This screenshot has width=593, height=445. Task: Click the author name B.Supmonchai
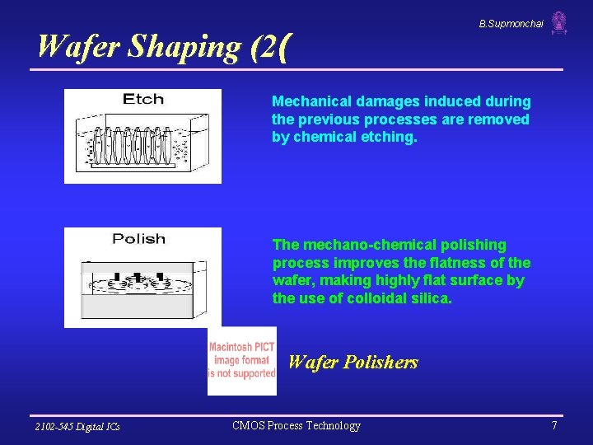pyautogui.click(x=511, y=24)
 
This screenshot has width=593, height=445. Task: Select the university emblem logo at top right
pyautogui.click(x=559, y=23)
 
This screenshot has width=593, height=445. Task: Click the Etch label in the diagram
pyautogui.click(x=143, y=100)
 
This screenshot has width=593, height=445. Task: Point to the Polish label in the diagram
pyautogui.click(x=138, y=239)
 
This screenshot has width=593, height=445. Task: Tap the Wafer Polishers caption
pyautogui.click(x=353, y=362)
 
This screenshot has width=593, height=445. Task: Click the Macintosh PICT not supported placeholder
pyautogui.click(x=241, y=361)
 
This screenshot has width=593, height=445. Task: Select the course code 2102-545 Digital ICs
pyautogui.click(x=77, y=426)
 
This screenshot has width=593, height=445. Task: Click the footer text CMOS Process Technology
pyautogui.click(x=296, y=425)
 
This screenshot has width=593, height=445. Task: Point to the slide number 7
pyautogui.click(x=554, y=425)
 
